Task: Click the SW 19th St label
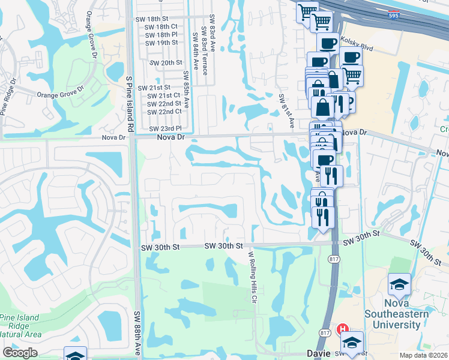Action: [x=161, y=43]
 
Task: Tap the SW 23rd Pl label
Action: [x=165, y=128]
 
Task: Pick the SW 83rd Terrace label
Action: [x=205, y=52]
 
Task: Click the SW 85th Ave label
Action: [x=186, y=89]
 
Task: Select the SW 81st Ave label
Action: [x=286, y=110]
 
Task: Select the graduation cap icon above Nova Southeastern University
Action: [x=399, y=286]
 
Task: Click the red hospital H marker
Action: [x=342, y=329]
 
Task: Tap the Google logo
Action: [x=20, y=353]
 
